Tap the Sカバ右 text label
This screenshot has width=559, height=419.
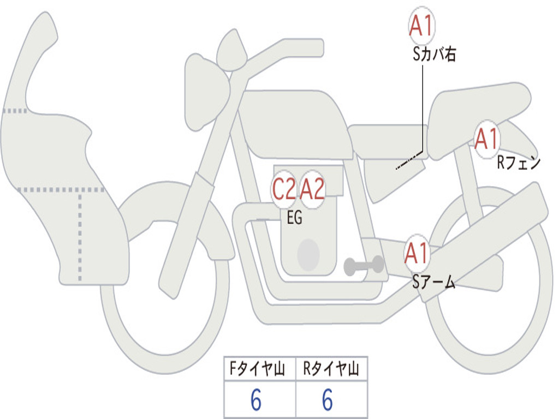pyautogui.click(x=434, y=54)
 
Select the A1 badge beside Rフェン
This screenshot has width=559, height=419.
pyautogui.click(x=486, y=139)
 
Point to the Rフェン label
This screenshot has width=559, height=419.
pyautogui.click(x=519, y=163)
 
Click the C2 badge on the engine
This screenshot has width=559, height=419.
pyautogui.click(x=284, y=189)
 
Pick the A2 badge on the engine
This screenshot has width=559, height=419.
pyautogui.click(x=312, y=189)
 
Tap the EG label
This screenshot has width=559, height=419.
pyautogui.click(x=294, y=217)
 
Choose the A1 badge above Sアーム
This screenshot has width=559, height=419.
pyautogui.click(x=416, y=253)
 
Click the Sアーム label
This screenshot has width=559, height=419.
pyautogui.click(x=434, y=282)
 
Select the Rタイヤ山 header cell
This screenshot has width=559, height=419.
pyautogui.click(x=332, y=369)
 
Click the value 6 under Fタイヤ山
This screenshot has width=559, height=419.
pyautogui.click(x=256, y=399)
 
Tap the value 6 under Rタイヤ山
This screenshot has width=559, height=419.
pyautogui.click(x=328, y=399)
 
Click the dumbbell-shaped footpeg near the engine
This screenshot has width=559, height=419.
pyautogui.click(x=364, y=265)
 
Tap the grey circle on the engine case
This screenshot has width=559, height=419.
pyautogui.click(x=308, y=254)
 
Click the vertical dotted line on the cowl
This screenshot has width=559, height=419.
pyautogui.click(x=80, y=235)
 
